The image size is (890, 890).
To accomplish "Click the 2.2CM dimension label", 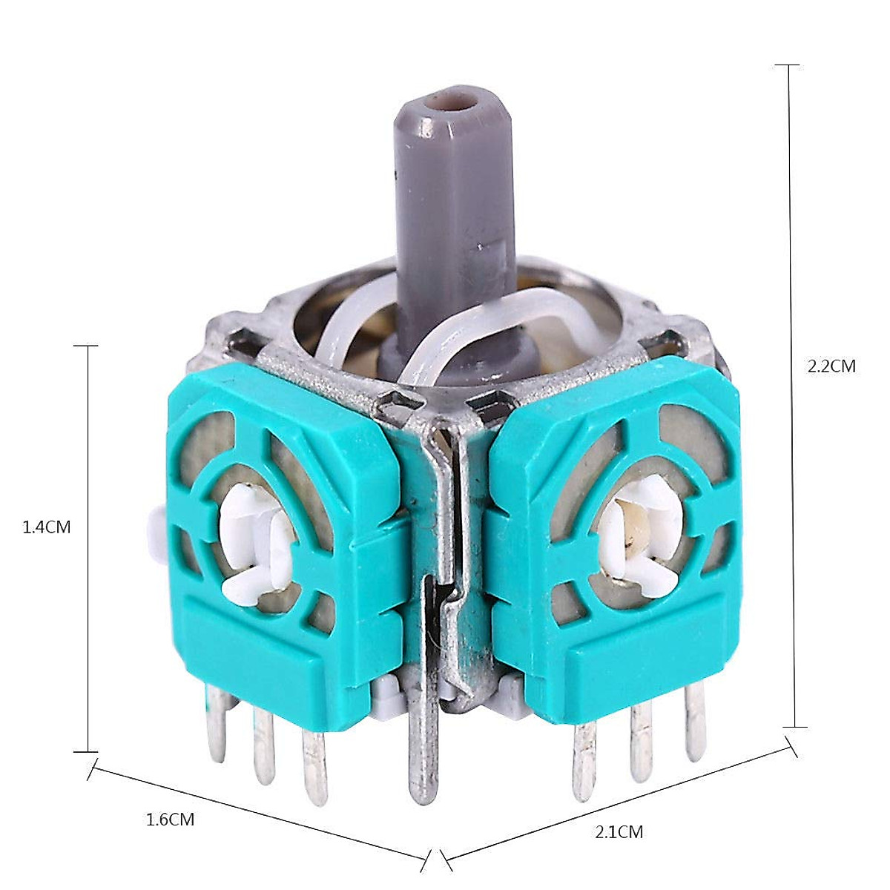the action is [x=831, y=366].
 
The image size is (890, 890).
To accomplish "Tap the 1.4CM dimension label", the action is [x=47, y=527].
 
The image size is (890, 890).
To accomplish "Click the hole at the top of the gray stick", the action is [x=449, y=102].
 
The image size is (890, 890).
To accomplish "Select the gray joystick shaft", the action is [x=455, y=231].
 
